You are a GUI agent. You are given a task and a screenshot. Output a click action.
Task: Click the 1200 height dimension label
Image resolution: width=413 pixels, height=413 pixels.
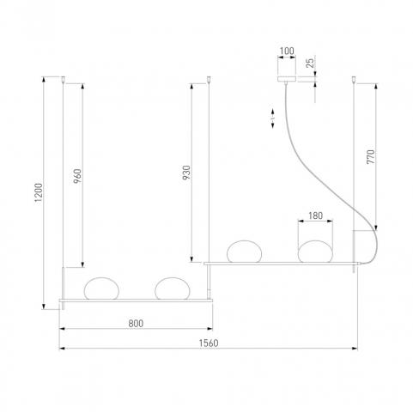39,192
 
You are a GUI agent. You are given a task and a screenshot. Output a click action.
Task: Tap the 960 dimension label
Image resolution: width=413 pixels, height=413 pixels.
77,176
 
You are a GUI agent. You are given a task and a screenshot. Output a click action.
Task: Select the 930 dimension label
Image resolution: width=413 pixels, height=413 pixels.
186,173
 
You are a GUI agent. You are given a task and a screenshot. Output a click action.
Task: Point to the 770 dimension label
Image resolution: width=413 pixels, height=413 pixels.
370,156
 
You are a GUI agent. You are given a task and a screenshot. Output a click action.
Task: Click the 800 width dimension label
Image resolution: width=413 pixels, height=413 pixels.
136,324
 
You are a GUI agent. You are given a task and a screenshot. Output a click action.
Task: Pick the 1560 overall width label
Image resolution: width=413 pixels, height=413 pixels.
209,343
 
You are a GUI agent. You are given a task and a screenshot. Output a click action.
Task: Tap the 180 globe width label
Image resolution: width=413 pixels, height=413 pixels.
315,216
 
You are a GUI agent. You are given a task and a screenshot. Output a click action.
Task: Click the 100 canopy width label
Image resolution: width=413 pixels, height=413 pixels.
287,51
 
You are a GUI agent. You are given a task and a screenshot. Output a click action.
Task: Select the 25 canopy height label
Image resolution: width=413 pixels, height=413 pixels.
310,63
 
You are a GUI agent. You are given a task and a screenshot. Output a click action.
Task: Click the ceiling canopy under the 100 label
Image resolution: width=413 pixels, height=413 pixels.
287,79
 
